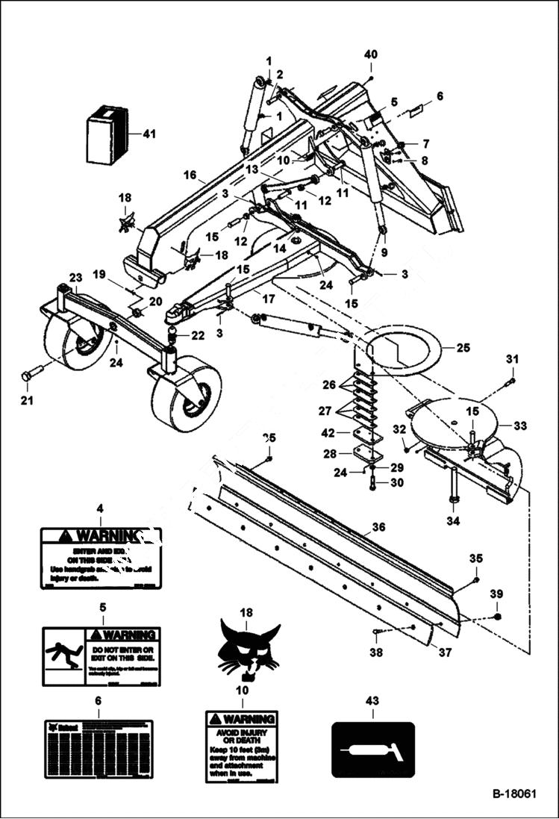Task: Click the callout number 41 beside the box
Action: pos(149,134)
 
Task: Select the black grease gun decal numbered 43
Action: pos(372,750)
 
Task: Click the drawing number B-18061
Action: pos(513,795)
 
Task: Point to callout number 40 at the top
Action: pos(371,55)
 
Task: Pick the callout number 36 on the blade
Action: pos(378,527)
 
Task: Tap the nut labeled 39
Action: pos(498,617)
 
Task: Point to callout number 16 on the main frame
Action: pos(187,175)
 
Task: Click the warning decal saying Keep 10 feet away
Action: pos(242,747)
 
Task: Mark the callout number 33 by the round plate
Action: pos(520,426)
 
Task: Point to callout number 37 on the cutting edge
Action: pos(445,653)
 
